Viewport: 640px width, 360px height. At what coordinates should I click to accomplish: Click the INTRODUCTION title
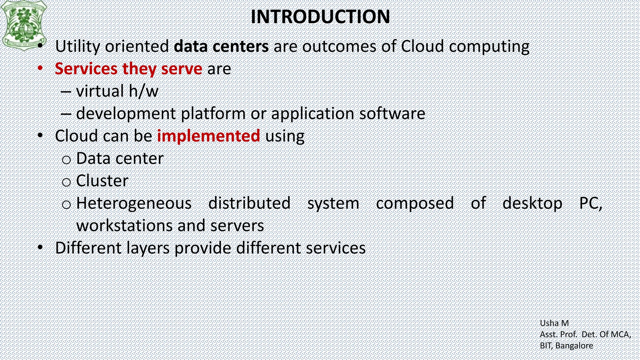(320, 17)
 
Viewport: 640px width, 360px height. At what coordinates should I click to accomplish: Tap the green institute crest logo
(24, 24)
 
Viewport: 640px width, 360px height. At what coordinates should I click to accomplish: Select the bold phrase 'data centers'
(221, 46)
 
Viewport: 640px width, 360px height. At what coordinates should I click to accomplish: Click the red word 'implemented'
(208, 136)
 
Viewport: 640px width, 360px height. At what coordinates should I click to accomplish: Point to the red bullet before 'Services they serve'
(40, 68)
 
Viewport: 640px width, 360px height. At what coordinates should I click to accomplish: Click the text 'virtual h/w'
(117, 91)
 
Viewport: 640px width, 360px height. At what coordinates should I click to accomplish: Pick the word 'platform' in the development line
(213, 113)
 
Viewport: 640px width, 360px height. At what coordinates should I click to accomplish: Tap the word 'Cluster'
(102, 181)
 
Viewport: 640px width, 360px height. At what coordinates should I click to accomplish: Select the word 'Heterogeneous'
(134, 203)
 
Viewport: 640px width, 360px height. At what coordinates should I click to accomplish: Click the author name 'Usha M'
(554, 323)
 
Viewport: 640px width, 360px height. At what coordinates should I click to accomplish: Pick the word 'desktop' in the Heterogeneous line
(532, 203)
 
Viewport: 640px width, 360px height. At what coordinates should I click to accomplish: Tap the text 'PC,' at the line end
(591, 203)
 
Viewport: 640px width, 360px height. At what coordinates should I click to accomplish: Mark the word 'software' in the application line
(392, 113)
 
